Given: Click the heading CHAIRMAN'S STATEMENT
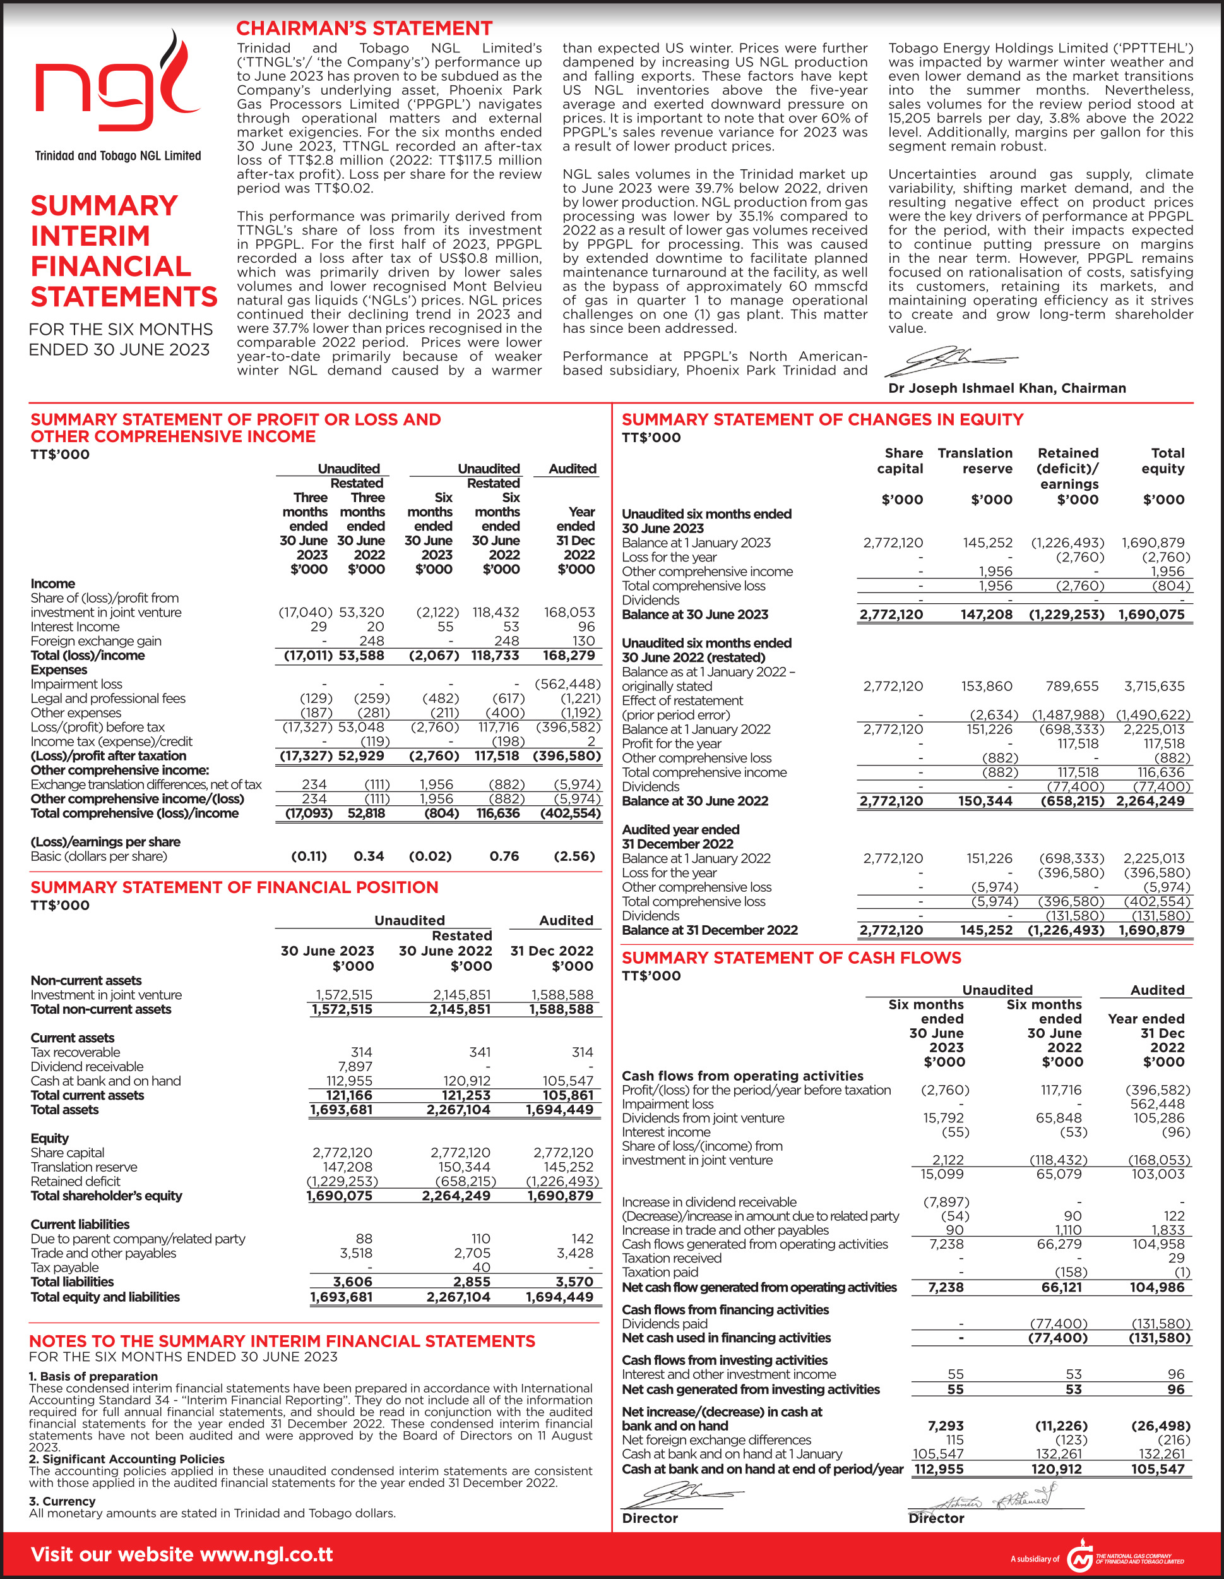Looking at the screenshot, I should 364,28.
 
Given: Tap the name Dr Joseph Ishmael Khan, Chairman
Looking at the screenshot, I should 1006,388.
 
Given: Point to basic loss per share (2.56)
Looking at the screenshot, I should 574,856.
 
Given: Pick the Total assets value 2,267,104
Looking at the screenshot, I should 458,1110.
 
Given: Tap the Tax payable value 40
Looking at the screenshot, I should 481,1268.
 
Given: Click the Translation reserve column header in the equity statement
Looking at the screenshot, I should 975,460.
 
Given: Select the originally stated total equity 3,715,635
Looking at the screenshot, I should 1154,686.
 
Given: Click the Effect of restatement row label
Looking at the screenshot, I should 682,700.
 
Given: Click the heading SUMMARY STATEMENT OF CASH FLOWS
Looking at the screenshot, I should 791,958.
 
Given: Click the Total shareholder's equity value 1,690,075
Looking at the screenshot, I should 339,1196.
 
